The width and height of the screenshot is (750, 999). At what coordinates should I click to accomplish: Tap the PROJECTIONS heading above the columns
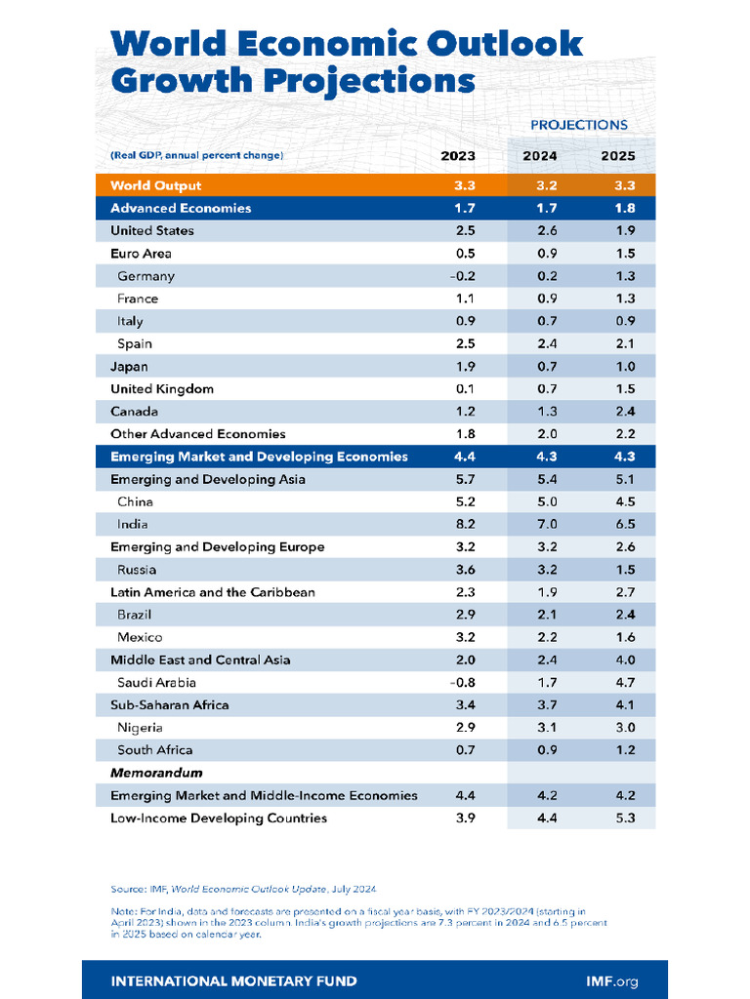click(578, 125)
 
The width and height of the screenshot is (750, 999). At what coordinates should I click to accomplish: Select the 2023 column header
click(458, 156)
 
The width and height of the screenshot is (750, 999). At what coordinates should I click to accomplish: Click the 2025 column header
click(617, 156)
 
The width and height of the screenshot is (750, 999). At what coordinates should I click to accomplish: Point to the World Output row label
click(155, 185)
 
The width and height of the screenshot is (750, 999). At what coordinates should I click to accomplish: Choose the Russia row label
click(137, 570)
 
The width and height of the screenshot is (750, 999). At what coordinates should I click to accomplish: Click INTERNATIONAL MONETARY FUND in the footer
click(233, 980)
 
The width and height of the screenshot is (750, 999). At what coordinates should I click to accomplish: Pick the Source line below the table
click(243, 889)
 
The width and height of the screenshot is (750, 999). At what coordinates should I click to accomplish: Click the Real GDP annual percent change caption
click(196, 155)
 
